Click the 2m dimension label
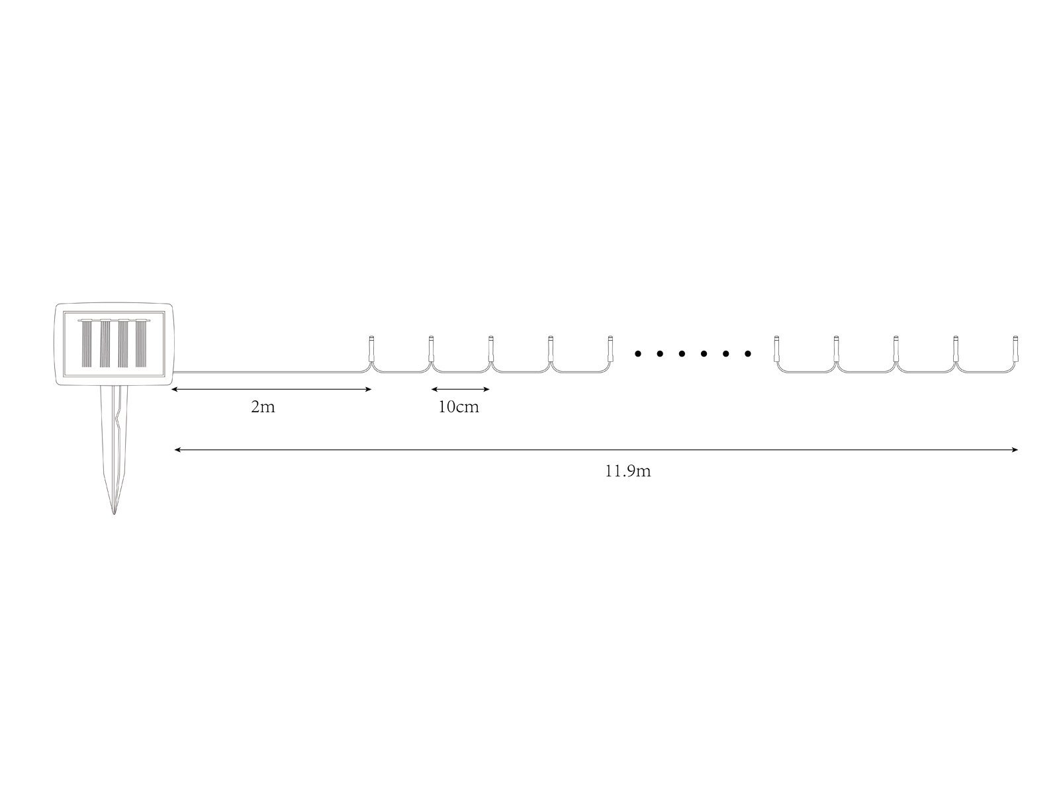tap(263, 407)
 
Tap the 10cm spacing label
tap(458, 407)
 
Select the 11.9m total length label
tap(627, 471)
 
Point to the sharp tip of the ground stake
tap(114, 513)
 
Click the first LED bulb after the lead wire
tap(371, 348)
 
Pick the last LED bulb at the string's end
tap(1015, 348)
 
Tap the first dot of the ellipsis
tap(638, 354)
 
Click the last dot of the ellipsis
tap(748, 354)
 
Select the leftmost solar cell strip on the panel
tap(87, 343)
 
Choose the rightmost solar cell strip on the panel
tap(141, 343)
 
